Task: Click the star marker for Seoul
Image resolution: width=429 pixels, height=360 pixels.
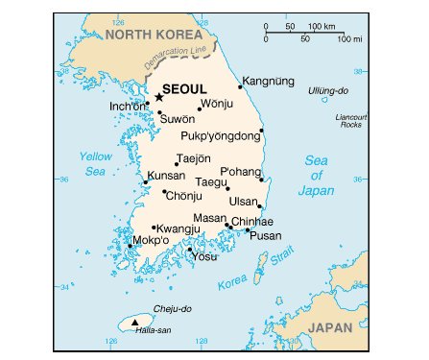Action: coord(158,97)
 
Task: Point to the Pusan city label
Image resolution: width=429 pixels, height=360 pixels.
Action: coord(265,235)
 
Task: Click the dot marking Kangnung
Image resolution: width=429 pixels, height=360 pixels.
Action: coord(240,87)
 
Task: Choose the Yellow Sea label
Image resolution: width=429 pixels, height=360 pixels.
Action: coord(95,163)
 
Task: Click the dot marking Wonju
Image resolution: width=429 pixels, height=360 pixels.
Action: coord(200,108)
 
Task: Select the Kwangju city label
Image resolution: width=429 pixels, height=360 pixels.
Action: coord(179,228)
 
